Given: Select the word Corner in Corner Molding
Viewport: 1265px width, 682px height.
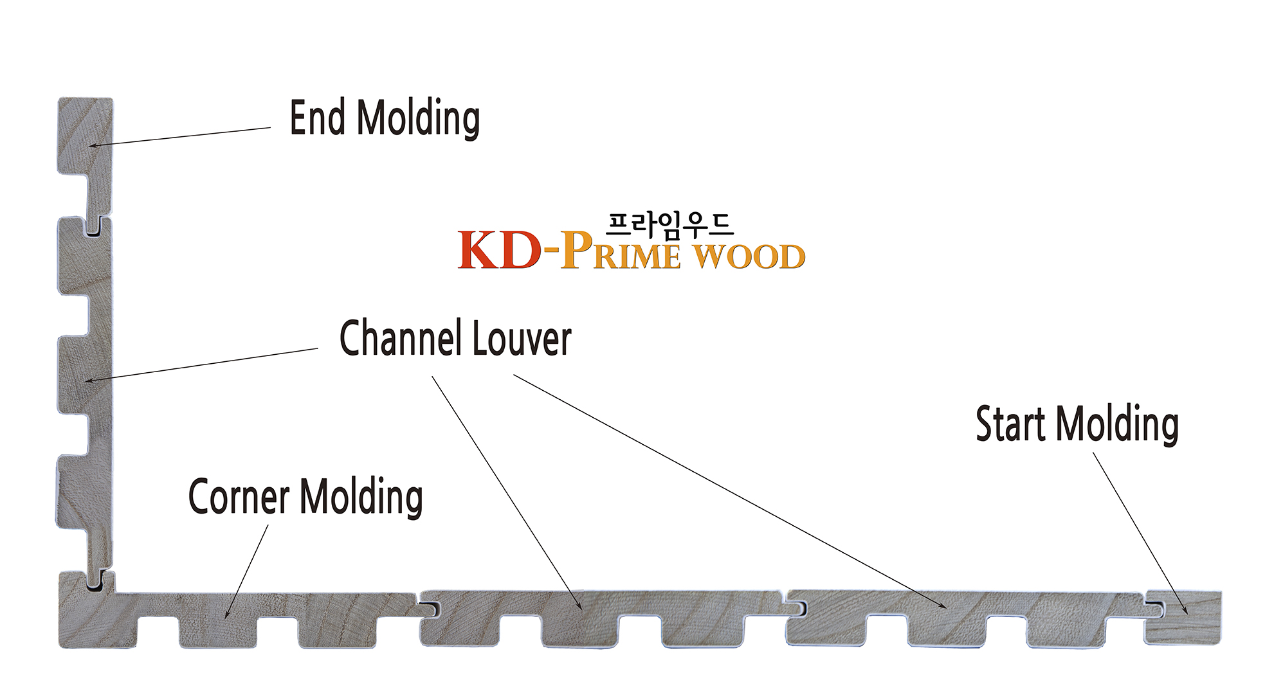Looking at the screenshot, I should [x=239, y=496].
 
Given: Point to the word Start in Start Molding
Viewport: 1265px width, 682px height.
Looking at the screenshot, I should [x=1012, y=424].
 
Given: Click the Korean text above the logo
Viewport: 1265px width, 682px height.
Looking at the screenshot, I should [x=669, y=225].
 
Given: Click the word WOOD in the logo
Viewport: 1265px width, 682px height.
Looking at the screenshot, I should [x=749, y=256].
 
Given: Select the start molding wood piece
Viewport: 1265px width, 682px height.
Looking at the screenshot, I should [x=1183, y=617].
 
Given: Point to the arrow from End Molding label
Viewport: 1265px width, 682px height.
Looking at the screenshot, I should [x=180, y=137].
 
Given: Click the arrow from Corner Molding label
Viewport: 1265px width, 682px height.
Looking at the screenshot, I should [x=246, y=572].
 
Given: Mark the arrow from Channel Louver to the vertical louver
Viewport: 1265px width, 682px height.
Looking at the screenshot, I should [x=203, y=364].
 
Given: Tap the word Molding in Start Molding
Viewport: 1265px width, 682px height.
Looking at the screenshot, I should [x=1117, y=424].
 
